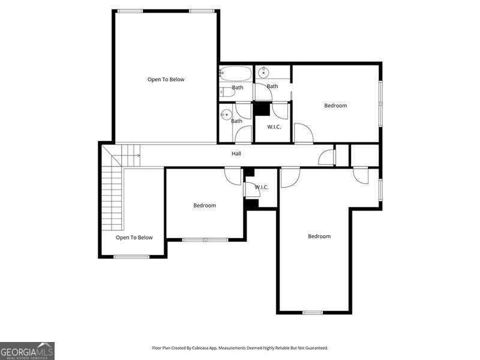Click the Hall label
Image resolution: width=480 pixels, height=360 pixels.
pos(236,154)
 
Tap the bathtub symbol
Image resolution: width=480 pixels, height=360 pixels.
pos(236,73)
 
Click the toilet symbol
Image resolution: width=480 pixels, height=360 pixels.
pos(227,92)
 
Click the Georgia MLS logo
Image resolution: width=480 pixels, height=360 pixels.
pos(27,351)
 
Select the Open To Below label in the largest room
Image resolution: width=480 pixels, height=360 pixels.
pos(166,80)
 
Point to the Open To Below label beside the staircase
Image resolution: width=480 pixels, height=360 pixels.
pos(134,238)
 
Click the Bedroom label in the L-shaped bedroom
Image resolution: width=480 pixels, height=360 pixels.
pos(319,236)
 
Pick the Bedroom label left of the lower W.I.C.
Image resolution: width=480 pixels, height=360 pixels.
pos(205,205)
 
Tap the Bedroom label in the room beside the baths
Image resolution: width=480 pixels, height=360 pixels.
pos(335,106)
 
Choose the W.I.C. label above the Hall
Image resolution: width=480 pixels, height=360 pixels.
pos(274,127)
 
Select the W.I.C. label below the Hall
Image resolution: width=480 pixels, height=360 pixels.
pos(262,187)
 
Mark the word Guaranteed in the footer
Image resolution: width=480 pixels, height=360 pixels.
pos(317,348)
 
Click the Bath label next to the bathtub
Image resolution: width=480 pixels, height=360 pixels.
pos(238,88)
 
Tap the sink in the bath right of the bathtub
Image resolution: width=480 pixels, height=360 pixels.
pos(263,73)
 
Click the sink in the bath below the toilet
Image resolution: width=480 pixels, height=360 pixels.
pos(227,115)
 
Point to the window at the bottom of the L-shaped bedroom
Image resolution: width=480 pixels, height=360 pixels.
pos(313,313)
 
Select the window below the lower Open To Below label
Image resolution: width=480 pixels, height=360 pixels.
pos(131,257)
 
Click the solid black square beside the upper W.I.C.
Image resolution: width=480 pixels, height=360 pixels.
pos(262,109)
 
